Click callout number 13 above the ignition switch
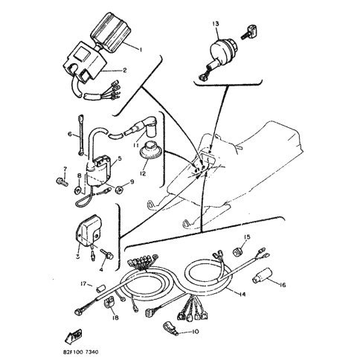pos(215,25)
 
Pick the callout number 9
pos(132,181)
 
